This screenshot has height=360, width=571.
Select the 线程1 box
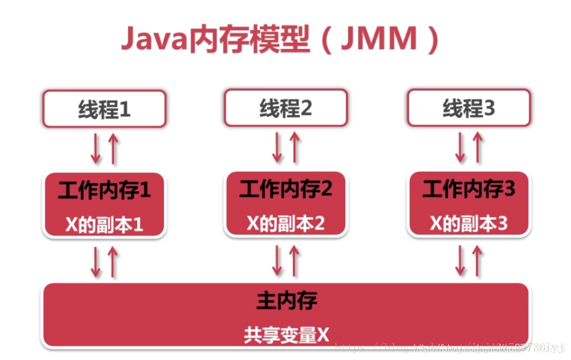(x=104, y=109)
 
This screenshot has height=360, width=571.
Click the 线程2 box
(x=286, y=109)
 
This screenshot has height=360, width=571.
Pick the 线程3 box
(x=469, y=109)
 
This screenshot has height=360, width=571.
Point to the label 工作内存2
(x=286, y=189)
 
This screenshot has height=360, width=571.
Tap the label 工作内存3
(x=469, y=189)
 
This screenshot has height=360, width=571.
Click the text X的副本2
(x=286, y=223)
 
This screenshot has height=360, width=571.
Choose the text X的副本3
(x=469, y=223)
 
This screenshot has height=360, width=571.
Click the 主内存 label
(x=286, y=301)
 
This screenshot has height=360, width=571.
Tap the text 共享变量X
(x=286, y=335)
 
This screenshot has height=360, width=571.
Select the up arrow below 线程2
(x=295, y=148)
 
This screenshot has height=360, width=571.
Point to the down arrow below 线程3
(x=461, y=148)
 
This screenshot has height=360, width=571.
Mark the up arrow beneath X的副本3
(x=477, y=261)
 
